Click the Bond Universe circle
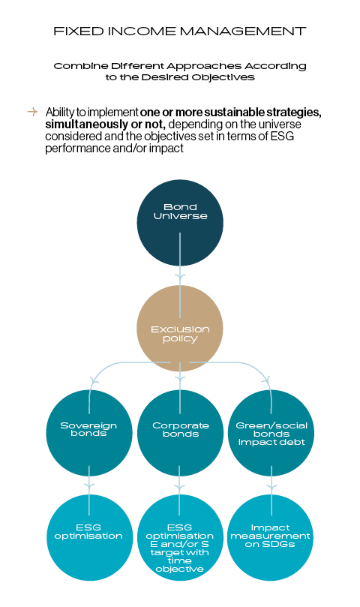180,223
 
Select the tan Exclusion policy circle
180,329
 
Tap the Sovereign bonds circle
89,433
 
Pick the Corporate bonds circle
180,433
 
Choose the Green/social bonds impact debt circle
271,433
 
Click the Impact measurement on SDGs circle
270,537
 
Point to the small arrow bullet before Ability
32,112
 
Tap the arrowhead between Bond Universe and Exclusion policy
180,277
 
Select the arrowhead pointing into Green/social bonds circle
265,380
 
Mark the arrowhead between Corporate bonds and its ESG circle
179,487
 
